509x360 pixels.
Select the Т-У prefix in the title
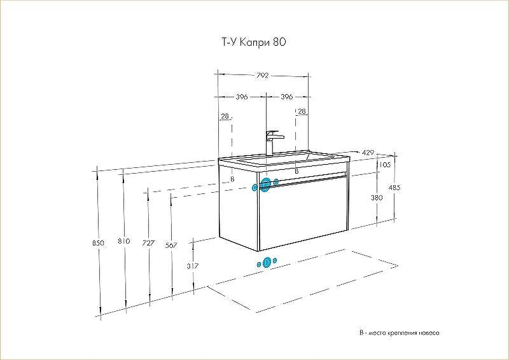(x=226, y=43)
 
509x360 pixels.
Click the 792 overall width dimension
(x=263, y=75)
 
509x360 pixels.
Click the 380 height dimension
(x=377, y=198)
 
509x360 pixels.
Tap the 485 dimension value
(x=394, y=188)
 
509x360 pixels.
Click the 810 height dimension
(x=124, y=242)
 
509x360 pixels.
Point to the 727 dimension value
(x=148, y=242)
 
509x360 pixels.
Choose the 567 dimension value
(x=171, y=245)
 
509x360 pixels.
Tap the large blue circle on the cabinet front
(x=265, y=185)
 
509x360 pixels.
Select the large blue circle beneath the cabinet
(x=267, y=261)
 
